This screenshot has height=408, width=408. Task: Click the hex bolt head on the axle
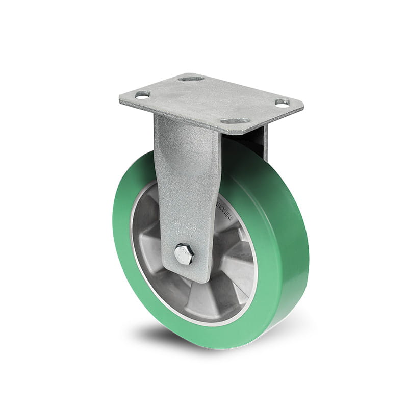tap(183, 254)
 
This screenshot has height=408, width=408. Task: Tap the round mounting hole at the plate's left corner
tap(142, 94)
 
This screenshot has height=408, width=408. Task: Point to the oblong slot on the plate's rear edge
tap(191, 79)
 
